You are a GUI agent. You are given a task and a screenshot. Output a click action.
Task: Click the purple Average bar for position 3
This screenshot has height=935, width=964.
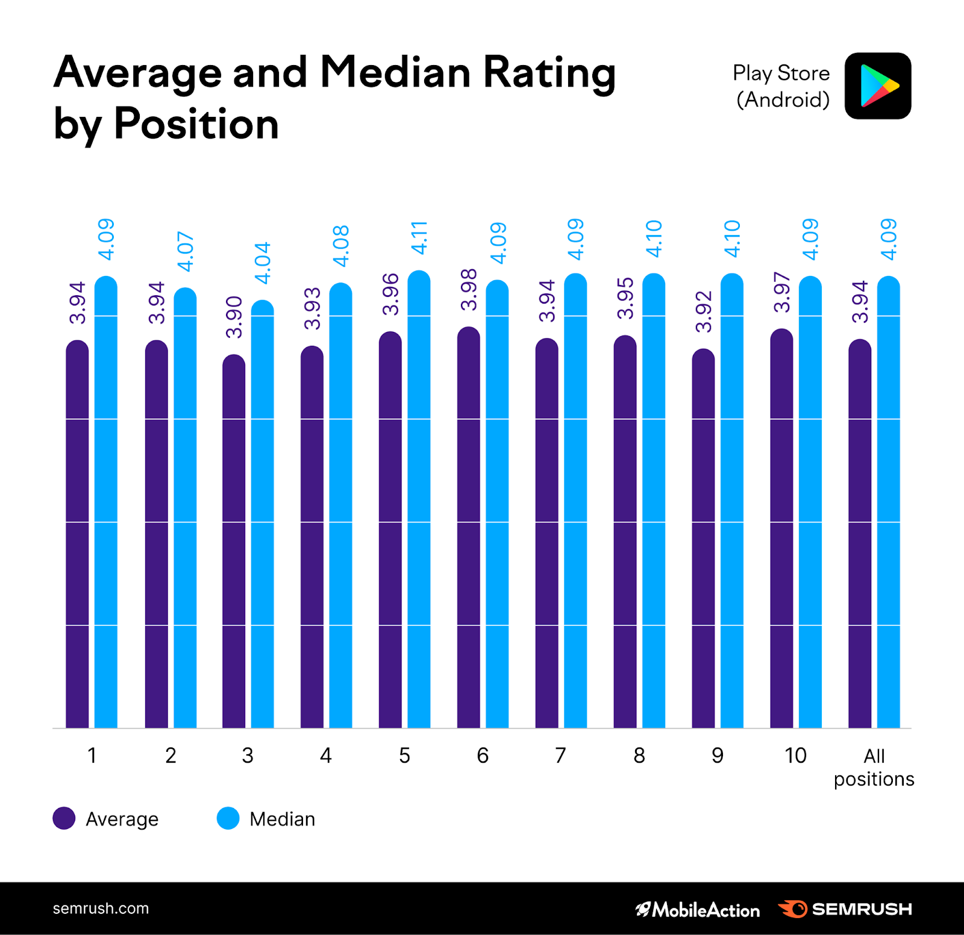pyautogui.click(x=234, y=542)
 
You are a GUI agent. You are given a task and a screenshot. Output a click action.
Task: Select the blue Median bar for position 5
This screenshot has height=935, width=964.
pyautogui.click(x=419, y=500)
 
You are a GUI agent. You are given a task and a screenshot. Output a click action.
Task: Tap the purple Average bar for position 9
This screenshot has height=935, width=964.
pyautogui.click(x=703, y=539)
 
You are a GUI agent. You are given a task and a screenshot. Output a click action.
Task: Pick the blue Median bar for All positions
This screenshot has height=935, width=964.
pyautogui.click(x=888, y=503)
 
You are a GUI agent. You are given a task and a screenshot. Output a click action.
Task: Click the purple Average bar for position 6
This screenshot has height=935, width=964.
pyautogui.click(x=468, y=527)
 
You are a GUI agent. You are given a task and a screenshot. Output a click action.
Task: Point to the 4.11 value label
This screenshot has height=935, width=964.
pyautogui.click(x=419, y=237)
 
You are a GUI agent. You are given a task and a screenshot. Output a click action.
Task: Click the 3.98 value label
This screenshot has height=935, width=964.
pyautogui.click(x=468, y=290)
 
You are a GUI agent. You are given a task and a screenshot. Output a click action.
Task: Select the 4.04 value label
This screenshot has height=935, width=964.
pyautogui.click(x=263, y=263)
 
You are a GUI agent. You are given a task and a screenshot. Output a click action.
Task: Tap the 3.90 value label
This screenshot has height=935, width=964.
pyautogui.click(x=234, y=317)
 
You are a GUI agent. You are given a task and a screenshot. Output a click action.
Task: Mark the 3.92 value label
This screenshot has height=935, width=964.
pyautogui.click(x=703, y=311)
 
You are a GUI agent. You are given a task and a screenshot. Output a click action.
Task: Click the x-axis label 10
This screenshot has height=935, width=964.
pyautogui.click(x=795, y=755)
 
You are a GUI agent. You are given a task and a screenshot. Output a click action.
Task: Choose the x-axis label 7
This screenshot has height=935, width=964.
pyautogui.click(x=560, y=755)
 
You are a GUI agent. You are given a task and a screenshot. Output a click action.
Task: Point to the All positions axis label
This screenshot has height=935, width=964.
pyautogui.click(x=874, y=767)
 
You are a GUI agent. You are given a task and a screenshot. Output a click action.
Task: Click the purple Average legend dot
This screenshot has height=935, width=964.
pyautogui.click(x=64, y=818)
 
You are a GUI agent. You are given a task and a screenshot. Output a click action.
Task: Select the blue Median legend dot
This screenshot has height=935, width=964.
pyautogui.click(x=228, y=818)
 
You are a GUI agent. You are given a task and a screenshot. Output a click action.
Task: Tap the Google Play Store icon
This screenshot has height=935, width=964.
pyautogui.click(x=878, y=86)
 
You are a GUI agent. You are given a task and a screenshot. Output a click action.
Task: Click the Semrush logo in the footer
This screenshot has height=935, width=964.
pyautogui.click(x=845, y=909)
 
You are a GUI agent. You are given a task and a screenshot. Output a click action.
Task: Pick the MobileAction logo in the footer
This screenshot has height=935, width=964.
pyautogui.click(x=697, y=909)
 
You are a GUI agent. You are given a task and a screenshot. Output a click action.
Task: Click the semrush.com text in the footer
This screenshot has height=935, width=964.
pyautogui.click(x=101, y=908)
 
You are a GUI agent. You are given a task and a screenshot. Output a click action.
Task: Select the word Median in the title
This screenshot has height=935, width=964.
pyautogui.click(x=395, y=73)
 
